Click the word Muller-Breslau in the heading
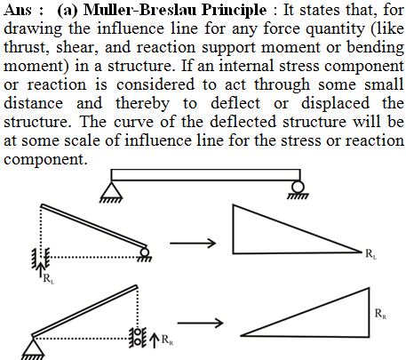(140, 10)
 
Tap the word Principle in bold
(235, 11)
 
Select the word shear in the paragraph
(77, 47)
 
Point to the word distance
(33, 103)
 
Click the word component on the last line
(45, 160)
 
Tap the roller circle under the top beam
(298, 187)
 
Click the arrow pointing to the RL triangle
(193, 244)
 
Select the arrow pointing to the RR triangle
(200, 323)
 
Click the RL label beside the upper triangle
(370, 254)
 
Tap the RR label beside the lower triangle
(380, 314)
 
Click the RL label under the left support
(49, 279)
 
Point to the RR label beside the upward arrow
(167, 340)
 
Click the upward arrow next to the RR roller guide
(154, 340)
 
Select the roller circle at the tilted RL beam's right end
(145, 252)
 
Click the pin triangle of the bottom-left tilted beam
(33, 346)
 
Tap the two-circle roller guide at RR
(137, 337)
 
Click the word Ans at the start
(18, 10)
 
